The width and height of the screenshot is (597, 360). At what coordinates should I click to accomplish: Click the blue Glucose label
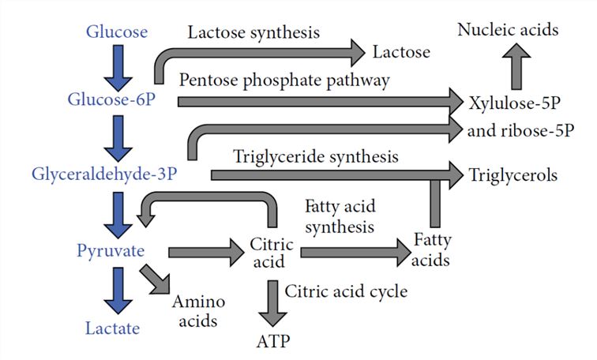[116, 32]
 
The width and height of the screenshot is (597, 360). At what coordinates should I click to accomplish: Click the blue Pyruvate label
[110, 252]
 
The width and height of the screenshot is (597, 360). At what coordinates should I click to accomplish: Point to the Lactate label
[111, 328]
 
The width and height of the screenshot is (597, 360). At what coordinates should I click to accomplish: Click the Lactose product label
[400, 52]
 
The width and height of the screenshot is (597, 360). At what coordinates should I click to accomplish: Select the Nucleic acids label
[508, 31]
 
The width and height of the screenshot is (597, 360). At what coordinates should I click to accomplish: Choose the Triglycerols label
[513, 174]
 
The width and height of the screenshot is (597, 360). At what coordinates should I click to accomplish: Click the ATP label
[272, 343]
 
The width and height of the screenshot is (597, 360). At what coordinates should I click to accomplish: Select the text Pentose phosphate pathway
[284, 80]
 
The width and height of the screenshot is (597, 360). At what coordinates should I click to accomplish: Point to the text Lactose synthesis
[253, 32]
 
